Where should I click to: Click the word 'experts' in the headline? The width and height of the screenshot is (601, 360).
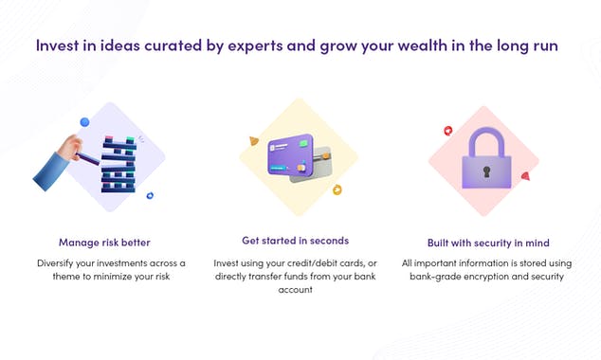pos(250,45)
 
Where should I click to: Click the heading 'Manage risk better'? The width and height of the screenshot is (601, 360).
pos(104,242)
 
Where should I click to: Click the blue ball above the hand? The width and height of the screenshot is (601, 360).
pos(84,122)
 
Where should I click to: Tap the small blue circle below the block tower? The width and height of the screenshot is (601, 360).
pos(150,196)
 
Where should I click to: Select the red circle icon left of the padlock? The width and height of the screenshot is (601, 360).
pos(447,131)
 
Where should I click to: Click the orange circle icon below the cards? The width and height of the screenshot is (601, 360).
pos(337,190)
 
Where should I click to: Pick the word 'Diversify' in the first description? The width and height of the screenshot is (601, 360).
pos(59,261)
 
